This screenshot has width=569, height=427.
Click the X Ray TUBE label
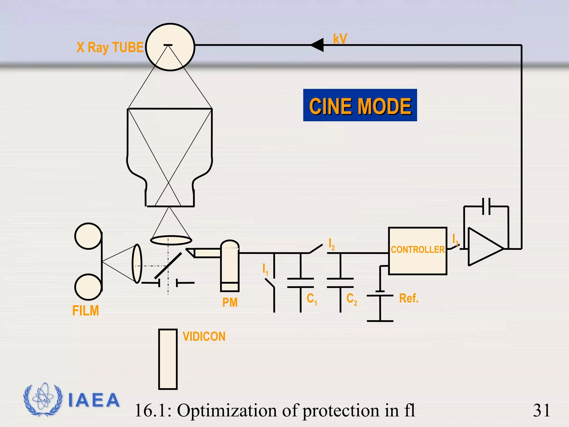click(110, 47)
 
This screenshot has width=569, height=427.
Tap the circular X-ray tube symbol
click(170, 47)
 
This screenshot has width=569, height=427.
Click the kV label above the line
click(340, 39)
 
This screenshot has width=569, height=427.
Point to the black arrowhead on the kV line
click(318, 45)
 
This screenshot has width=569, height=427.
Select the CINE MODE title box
click(360, 105)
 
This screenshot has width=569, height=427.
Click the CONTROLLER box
click(417, 251)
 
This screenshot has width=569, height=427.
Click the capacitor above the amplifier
click(486, 207)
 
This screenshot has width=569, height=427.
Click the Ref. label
click(408, 298)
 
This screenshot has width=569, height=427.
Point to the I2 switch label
click(331, 244)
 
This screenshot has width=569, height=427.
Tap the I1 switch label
click(265, 269)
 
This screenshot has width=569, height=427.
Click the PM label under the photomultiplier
click(230, 302)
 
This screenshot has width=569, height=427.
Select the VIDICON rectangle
click(168, 359)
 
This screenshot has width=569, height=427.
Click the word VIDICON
click(204, 336)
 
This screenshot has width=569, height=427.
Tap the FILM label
click(86, 311)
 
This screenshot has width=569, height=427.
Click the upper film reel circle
click(88, 236)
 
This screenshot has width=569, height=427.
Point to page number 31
click(541, 410)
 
